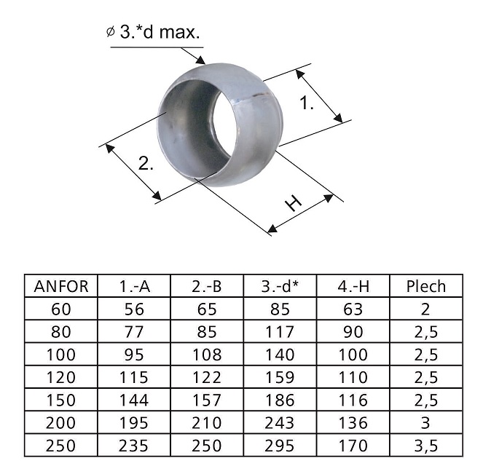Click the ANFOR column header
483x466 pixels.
(x=61, y=286)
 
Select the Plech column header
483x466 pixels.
(x=426, y=286)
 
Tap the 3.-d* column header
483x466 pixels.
(x=280, y=286)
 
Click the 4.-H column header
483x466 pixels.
(x=353, y=286)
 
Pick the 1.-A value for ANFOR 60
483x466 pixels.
(x=134, y=309)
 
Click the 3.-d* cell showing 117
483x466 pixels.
(x=280, y=332)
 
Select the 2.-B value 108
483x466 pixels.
(x=207, y=355)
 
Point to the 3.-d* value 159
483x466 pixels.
(x=280, y=377)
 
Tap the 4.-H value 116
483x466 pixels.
(x=353, y=400)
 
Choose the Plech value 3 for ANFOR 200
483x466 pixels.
(x=425, y=423)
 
